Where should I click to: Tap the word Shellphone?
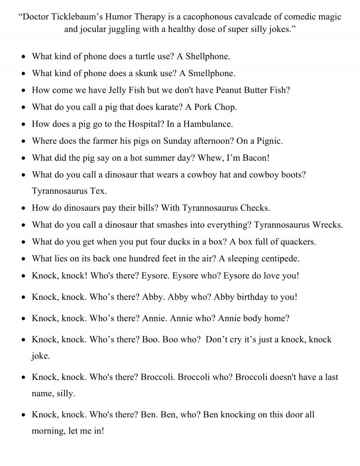(x=209, y=56)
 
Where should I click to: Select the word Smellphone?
(x=212, y=73)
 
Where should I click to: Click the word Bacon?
(x=255, y=158)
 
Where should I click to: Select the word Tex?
(x=99, y=191)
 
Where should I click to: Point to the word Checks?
(x=255, y=208)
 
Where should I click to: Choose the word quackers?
(x=296, y=242)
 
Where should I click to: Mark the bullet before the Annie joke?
(x=23, y=319)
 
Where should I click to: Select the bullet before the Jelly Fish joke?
(x=23, y=90)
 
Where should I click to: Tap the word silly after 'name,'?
(x=65, y=393)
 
